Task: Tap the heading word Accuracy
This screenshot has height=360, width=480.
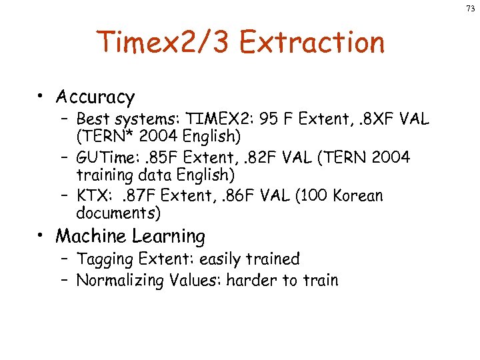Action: pos(95,97)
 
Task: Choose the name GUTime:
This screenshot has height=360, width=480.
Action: pos(106,157)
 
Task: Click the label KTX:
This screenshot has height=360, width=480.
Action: pos(93,196)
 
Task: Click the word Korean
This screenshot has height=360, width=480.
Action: pos(359,196)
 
